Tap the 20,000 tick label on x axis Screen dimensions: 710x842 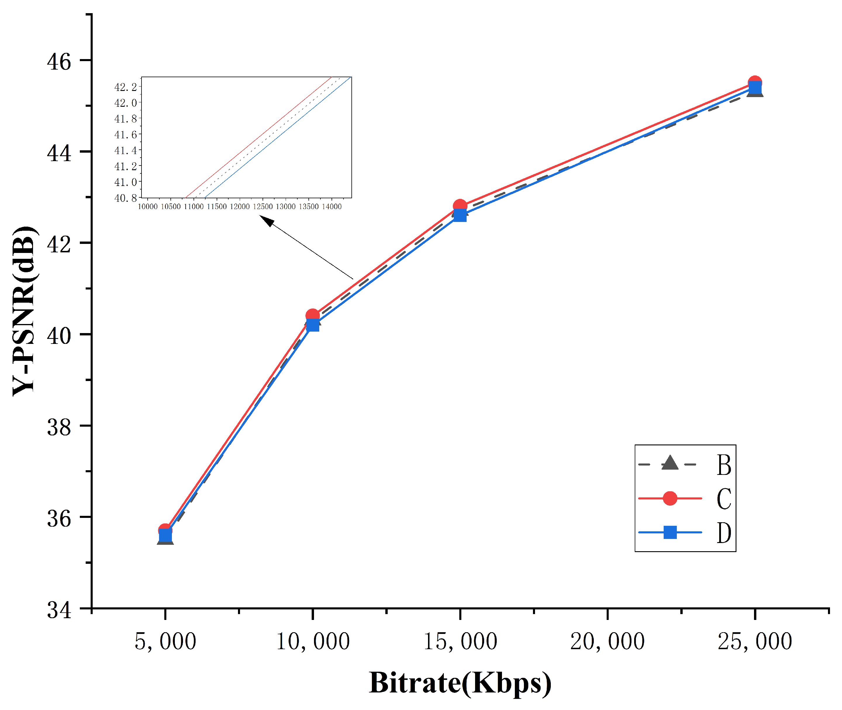tap(607, 642)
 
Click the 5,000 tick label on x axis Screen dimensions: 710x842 tap(165, 642)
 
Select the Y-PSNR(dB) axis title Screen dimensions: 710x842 tap(25, 311)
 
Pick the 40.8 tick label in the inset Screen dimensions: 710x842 tap(125, 198)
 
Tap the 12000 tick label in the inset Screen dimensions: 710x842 tap(239, 207)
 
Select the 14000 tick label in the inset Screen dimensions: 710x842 tap(331, 207)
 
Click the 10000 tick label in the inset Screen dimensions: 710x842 tap(148, 207)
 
